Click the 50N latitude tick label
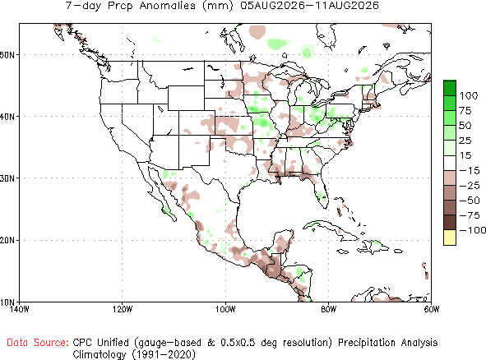coord(7,55)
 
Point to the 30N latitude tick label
coord(7,178)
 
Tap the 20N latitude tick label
coord(7,241)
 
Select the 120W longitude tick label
coord(123,309)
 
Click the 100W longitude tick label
coord(225,309)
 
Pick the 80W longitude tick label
coord(329,309)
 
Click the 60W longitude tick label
coord(432,309)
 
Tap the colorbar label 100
coord(469,95)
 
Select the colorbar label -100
coord(473,230)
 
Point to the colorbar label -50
coord(470,201)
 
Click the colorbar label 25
coord(465,141)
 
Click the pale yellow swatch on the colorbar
coord(450,238)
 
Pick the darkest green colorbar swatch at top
coord(450,88)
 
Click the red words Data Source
coord(38,343)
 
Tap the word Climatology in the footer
coord(100,354)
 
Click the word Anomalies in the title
coord(168,6)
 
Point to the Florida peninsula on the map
coord(320,192)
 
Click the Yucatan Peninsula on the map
coord(282,242)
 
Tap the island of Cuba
coord(329,229)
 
